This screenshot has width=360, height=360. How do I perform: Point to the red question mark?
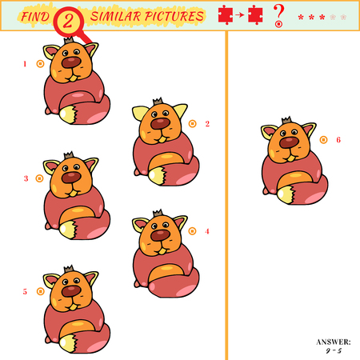point(278,14)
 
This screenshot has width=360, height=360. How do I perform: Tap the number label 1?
point(25,63)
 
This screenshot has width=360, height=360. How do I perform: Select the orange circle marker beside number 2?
point(193,123)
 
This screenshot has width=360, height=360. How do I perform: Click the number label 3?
point(26,178)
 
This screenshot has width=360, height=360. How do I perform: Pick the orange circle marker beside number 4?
point(193,231)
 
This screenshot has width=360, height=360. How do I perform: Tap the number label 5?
point(25,291)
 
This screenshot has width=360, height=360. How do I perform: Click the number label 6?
point(338,140)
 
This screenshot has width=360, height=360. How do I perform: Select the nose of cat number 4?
point(160,235)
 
